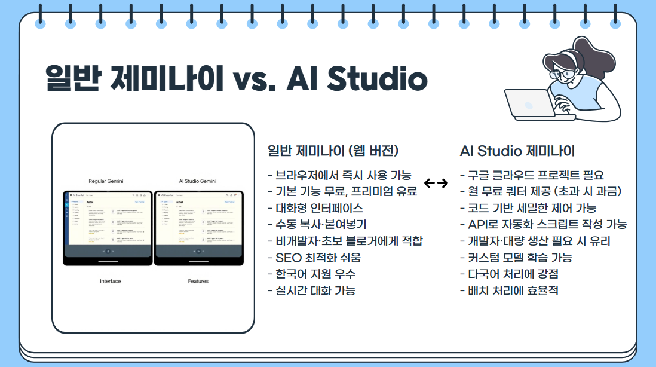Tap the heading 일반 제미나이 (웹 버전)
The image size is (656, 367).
[333, 150]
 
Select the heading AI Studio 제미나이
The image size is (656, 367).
[517, 150]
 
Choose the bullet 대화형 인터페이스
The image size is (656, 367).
[315, 208]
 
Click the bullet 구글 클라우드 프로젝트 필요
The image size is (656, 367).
[532, 175]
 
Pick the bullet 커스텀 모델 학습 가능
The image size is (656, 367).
[516, 258]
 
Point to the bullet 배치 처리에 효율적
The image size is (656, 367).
[510, 290]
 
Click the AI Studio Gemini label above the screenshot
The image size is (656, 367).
[198, 181]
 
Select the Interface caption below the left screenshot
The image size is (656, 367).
[110, 281]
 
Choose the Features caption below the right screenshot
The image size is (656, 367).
[198, 281]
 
